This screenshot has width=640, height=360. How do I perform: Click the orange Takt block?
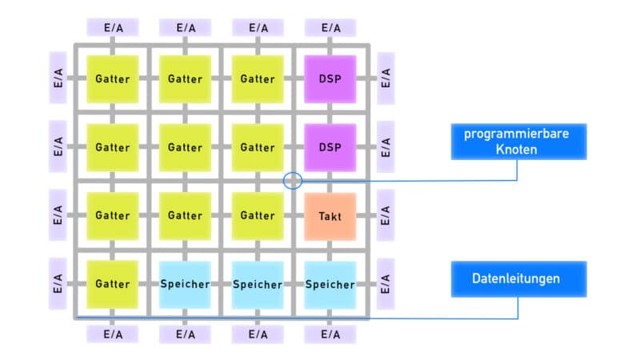(330, 216)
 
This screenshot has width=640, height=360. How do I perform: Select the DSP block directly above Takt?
(330, 147)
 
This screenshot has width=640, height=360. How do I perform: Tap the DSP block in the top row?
(330, 78)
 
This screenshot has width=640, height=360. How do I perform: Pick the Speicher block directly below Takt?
(330, 284)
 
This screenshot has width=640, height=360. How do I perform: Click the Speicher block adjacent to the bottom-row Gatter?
(185, 284)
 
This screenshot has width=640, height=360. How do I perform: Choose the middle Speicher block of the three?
(258, 284)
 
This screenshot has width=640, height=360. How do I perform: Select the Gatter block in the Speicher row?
(112, 284)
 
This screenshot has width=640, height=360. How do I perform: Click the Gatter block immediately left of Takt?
(258, 216)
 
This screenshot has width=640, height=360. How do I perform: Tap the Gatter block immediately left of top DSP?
(258, 78)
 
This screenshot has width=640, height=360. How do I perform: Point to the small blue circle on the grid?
(293, 181)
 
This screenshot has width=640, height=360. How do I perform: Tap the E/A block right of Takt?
(386, 216)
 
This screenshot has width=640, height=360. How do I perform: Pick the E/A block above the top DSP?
(330, 27)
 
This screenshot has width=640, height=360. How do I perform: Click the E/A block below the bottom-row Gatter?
(112, 334)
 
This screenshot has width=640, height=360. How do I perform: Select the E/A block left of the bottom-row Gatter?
(58, 284)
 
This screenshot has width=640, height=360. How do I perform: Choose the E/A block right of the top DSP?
(386, 78)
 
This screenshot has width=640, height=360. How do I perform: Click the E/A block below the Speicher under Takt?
(330, 334)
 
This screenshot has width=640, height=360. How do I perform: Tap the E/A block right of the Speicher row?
(386, 284)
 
